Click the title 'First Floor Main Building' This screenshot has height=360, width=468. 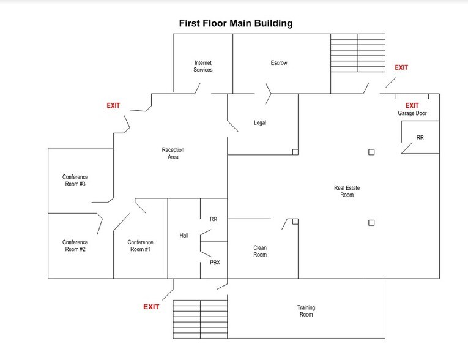pos(236,23)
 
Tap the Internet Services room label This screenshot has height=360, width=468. pos(203,66)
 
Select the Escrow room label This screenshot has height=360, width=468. pos(279,63)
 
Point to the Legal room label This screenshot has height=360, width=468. pos(260,122)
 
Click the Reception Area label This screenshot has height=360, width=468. pos(173,154)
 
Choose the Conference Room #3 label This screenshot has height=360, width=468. pos(75,181)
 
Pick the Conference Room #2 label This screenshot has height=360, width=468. pos(75,246)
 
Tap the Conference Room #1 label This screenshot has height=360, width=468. pos(140,246)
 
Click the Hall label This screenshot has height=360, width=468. pos(184,235)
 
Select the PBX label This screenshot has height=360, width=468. pos(215,263)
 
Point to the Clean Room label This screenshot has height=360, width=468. pos(260,251)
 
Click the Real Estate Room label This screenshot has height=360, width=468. pos(344,191)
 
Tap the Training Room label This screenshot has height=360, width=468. pos(306,311)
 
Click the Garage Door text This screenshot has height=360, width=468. pos(412,114)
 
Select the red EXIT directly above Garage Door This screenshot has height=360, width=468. pos(412,105)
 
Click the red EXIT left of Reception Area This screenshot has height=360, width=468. pos(114,105)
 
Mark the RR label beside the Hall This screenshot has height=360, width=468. pos(214,219)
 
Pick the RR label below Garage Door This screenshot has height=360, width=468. pos(420,138)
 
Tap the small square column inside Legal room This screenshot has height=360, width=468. pos(295,152)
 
